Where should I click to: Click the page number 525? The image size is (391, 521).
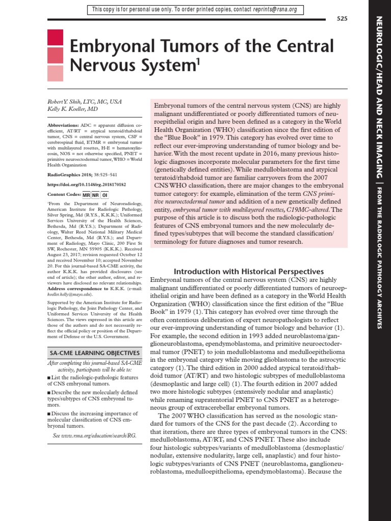coord(342,19)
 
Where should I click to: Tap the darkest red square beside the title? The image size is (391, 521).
coord(55,38)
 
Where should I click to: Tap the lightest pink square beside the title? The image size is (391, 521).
coord(55,74)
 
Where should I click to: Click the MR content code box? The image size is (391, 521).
coord(86,195)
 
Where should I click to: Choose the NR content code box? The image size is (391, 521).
coord(95,195)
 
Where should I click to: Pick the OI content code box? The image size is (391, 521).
coord(104,195)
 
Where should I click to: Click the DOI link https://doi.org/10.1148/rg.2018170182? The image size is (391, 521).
coord(87,185)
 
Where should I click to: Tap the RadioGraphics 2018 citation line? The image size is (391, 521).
coord(81,172)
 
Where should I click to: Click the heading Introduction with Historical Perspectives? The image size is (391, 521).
coord(249,272)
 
